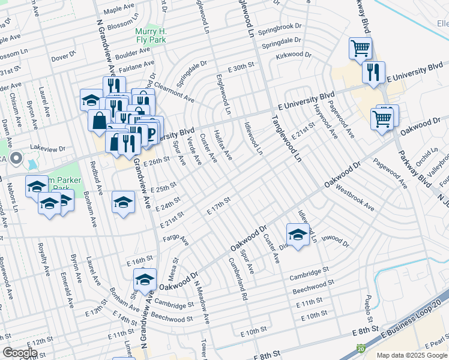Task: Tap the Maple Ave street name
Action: pyautogui.click(x=119, y=9)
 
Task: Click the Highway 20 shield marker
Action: pyautogui.click(x=361, y=348)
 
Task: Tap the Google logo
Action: pyautogui.click(x=20, y=352)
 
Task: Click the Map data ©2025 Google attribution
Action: pyautogui.click(x=412, y=355)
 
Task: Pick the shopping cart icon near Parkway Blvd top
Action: pyautogui.click(x=360, y=48)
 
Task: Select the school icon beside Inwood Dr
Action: pyautogui.click(x=297, y=234)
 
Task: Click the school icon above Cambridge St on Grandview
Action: pyautogui.click(x=145, y=280)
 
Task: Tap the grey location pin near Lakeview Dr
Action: pyautogui.click(x=16, y=159)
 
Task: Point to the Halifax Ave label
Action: pyautogui.click(x=223, y=146)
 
